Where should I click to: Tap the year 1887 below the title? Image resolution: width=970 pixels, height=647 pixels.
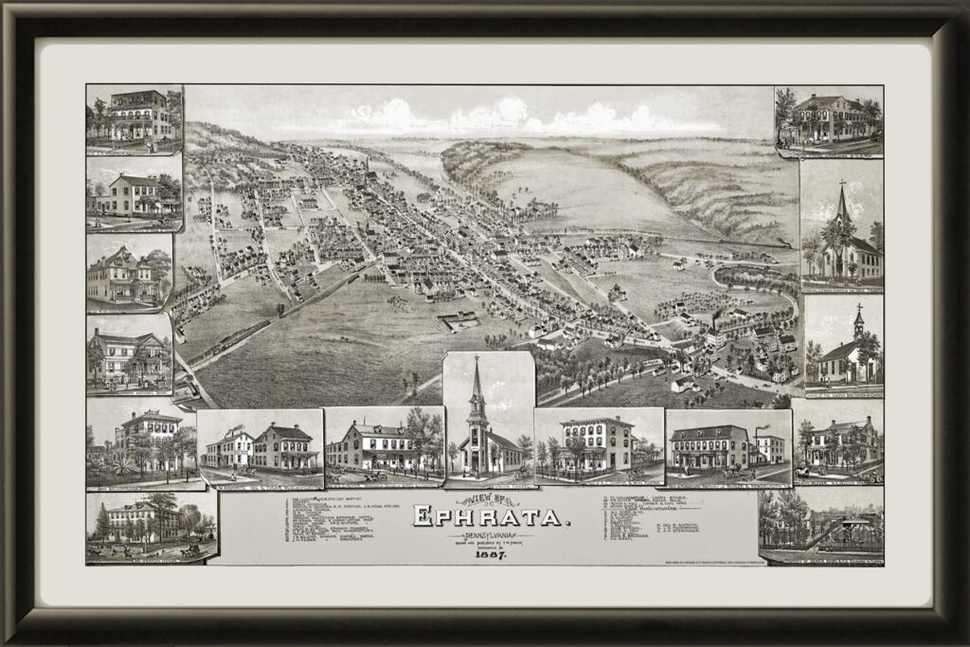[491, 554]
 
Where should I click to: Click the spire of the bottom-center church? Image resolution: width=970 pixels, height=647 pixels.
[477, 379]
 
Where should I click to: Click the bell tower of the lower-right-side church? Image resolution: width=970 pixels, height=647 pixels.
[858, 322]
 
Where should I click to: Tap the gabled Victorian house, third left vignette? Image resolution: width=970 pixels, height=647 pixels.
[118, 275]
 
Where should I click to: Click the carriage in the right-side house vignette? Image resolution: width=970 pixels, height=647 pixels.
[803, 471]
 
